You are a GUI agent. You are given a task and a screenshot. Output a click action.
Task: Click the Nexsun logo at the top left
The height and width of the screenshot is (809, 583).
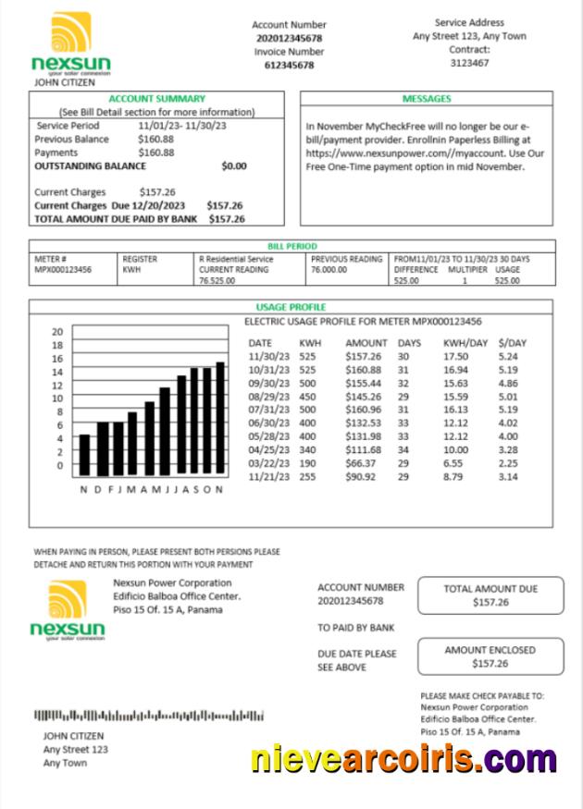click(70, 43)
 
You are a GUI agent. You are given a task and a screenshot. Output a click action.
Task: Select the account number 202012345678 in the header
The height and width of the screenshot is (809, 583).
click(290, 38)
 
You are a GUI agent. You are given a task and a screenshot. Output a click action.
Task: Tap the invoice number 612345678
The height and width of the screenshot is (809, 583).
click(290, 66)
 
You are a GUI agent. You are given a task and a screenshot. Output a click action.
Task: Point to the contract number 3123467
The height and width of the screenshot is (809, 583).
click(470, 63)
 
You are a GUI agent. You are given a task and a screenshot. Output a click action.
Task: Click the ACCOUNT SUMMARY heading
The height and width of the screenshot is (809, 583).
click(157, 98)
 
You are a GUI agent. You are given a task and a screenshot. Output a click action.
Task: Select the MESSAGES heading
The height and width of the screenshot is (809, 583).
click(427, 98)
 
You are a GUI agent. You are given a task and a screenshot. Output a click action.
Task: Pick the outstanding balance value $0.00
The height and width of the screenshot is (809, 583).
click(234, 166)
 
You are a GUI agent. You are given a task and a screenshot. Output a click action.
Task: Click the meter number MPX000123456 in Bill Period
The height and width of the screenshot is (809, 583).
click(64, 270)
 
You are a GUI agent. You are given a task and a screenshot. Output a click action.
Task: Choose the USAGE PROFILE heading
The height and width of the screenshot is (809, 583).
click(291, 307)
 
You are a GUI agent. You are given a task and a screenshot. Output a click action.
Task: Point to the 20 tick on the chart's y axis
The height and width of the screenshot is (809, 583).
click(56, 331)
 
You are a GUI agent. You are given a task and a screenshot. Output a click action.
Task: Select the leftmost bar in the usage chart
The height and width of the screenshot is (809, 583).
click(84, 453)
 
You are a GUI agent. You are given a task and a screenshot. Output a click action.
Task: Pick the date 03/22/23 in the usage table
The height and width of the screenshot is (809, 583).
click(269, 463)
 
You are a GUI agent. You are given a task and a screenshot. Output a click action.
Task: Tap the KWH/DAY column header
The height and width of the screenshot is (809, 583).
click(465, 342)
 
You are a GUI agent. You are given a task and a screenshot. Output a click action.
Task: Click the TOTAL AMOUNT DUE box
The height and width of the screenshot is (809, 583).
click(490, 595)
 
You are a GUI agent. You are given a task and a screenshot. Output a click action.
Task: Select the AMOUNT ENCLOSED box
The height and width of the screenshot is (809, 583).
click(490, 656)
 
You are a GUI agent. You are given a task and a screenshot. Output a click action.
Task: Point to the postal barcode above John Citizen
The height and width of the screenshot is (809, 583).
click(149, 715)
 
